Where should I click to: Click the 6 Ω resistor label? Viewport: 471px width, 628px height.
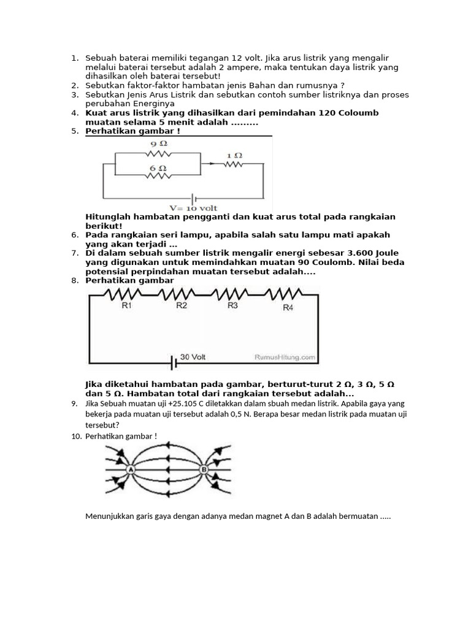pyautogui.click(x=158, y=167)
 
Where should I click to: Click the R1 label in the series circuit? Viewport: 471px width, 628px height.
pyautogui.click(x=127, y=305)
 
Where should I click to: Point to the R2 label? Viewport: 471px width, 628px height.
pyautogui.click(x=182, y=305)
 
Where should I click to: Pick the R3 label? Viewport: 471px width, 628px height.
pyautogui.click(x=232, y=305)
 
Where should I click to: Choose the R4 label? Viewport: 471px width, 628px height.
pyautogui.click(x=288, y=307)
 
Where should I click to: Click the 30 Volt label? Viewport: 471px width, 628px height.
pyautogui.click(x=193, y=356)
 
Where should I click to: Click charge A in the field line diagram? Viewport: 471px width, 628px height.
pyautogui.click(x=130, y=470)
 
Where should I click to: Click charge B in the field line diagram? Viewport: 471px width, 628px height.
pyautogui.click(x=204, y=470)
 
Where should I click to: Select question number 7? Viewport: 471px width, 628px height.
pyautogui.click(x=74, y=253)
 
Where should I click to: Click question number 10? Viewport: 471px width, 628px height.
pyautogui.click(x=75, y=436)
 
